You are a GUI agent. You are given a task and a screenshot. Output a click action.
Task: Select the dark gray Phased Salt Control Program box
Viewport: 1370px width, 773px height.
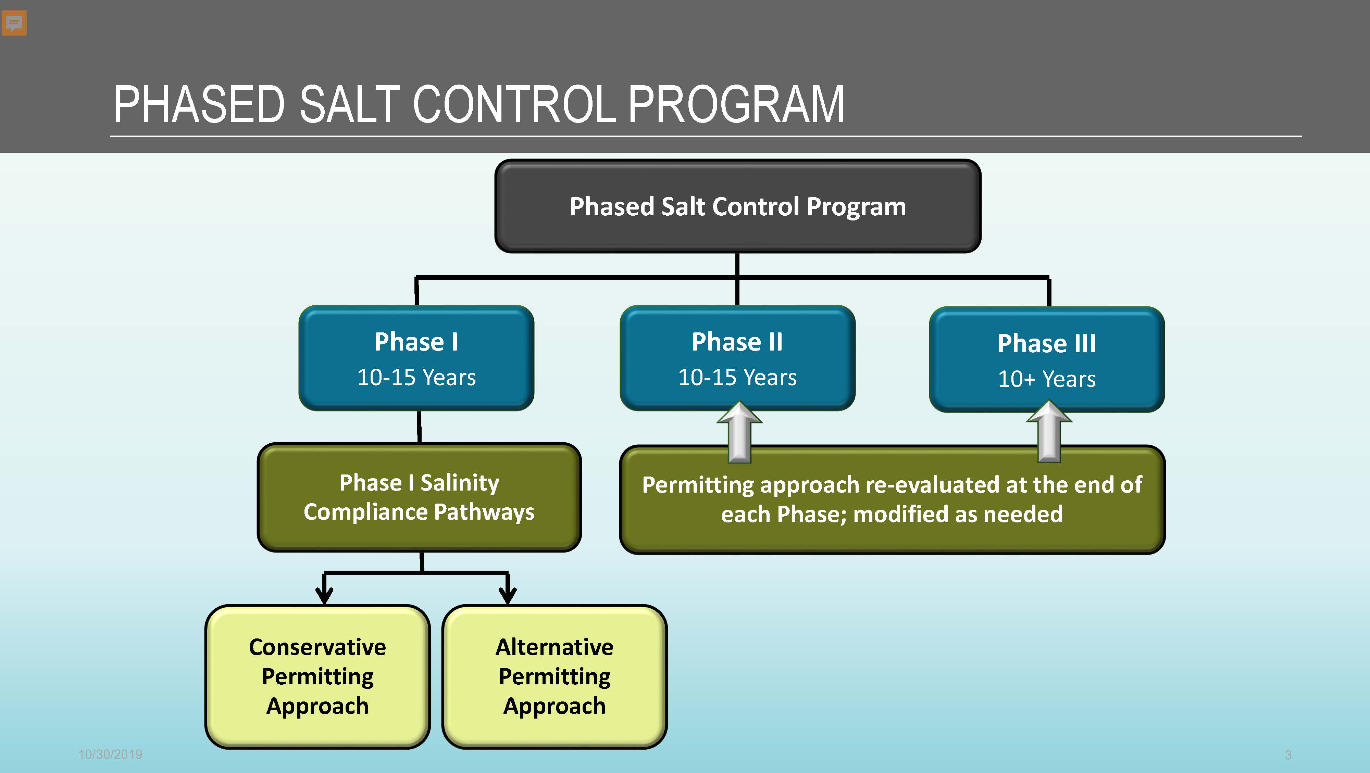738,206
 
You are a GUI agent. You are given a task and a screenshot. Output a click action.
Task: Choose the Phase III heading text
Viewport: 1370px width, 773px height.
1047,343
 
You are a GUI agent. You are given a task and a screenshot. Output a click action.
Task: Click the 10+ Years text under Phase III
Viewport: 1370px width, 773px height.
1047,379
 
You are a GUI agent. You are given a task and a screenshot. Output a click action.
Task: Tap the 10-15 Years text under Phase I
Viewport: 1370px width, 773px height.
416,378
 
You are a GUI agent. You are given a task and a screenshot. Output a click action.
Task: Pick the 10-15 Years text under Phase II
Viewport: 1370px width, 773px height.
737,378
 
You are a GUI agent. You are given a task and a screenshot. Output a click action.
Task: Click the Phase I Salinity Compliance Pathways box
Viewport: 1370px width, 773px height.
419,497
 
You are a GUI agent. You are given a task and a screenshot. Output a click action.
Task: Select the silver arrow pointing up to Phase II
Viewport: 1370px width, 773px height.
739,432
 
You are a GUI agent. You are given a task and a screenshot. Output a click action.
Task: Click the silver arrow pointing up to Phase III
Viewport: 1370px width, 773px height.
1049,432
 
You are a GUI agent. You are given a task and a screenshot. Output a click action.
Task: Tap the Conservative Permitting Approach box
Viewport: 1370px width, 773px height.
317,676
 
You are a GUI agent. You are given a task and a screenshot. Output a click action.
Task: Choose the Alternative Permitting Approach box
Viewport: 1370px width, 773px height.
554,676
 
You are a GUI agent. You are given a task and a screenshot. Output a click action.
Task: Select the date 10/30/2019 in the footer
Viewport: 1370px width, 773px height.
110,755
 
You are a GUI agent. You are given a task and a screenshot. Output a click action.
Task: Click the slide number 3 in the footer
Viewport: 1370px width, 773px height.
1288,755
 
